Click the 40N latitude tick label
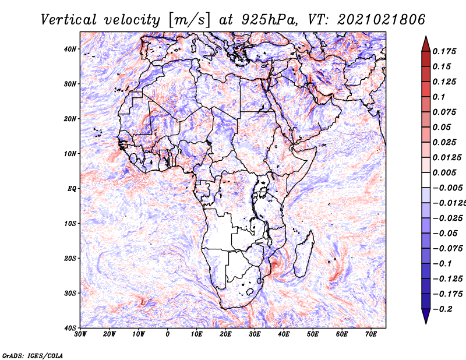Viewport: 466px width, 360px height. tap(70, 49)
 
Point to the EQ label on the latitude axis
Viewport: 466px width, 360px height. tap(72, 189)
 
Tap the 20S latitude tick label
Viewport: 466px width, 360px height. tap(70, 258)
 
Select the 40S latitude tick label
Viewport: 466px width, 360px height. tap(70, 328)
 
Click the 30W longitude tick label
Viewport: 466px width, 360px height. tap(80, 334)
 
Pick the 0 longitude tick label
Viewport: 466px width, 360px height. tap(168, 334)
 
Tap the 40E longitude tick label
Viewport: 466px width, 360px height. tap(284, 334)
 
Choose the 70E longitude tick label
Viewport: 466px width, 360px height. tap(371, 334)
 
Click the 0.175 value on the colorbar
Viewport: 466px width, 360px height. tap(444, 52)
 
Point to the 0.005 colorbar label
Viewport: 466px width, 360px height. tap(444, 172)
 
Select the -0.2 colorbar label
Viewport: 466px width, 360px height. tap(442, 309)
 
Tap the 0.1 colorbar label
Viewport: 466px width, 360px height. tap(439, 97)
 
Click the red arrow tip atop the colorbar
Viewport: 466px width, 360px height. tap(426, 37)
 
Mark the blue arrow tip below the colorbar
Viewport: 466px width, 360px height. tap(426, 323)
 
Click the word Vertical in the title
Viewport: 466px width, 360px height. tap(69, 20)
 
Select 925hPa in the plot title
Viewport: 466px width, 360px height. tap(269, 20)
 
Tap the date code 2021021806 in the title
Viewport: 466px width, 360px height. tap(382, 20)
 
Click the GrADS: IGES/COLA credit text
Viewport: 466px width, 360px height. tap(33, 355)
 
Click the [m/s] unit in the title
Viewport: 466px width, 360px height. tap(189, 20)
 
